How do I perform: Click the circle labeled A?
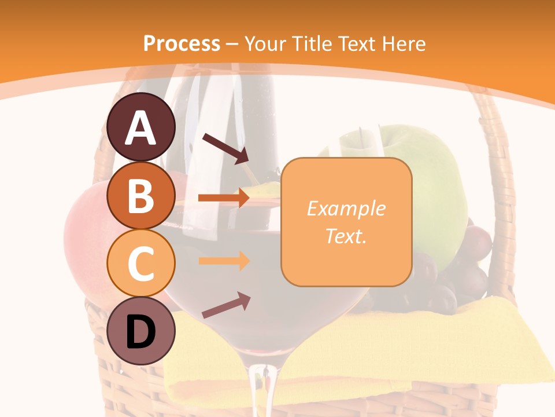click(141, 127)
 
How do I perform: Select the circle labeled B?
click(141, 196)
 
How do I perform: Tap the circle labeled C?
click(141, 263)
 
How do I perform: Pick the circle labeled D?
click(141, 331)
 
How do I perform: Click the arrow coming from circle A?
click(225, 148)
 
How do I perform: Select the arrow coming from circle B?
click(223, 198)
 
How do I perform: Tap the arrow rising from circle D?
click(225, 306)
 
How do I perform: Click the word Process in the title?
click(182, 43)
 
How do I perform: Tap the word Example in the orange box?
click(346, 209)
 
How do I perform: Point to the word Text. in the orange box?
click(346, 236)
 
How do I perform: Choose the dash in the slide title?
click(232, 44)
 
